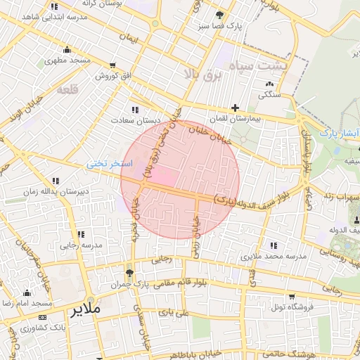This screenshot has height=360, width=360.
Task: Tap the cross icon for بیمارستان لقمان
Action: pyautogui.click(x=235, y=108)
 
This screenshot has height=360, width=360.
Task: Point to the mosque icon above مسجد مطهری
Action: pyautogui.click(x=67, y=49)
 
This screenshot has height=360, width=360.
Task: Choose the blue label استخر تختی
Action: pyautogui.click(x=105, y=163)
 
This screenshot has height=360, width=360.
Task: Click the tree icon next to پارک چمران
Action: pyautogui.click(x=128, y=273)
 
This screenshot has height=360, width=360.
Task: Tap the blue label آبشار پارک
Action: pyautogui.click(x=337, y=133)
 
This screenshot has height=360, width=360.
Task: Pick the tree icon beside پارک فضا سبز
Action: pyautogui.click(x=220, y=14)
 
